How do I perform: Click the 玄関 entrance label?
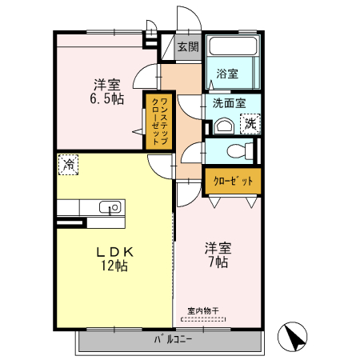tap(188, 47)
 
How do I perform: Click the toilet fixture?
tap(238, 150)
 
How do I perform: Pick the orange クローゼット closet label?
tap(233, 182)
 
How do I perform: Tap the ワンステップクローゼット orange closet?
tap(158, 120)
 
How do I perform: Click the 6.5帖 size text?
tap(106, 98)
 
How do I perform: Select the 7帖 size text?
tap(216, 262)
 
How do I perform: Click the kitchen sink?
tap(112, 207)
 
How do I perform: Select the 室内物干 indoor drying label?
tap(202, 310)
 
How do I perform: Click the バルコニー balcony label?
tap(174, 340)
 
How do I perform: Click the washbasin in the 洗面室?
tap(222, 126)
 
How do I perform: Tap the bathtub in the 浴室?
tap(232, 46)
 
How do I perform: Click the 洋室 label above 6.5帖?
tap(106, 83)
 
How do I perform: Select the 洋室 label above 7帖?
tap(216, 247)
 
